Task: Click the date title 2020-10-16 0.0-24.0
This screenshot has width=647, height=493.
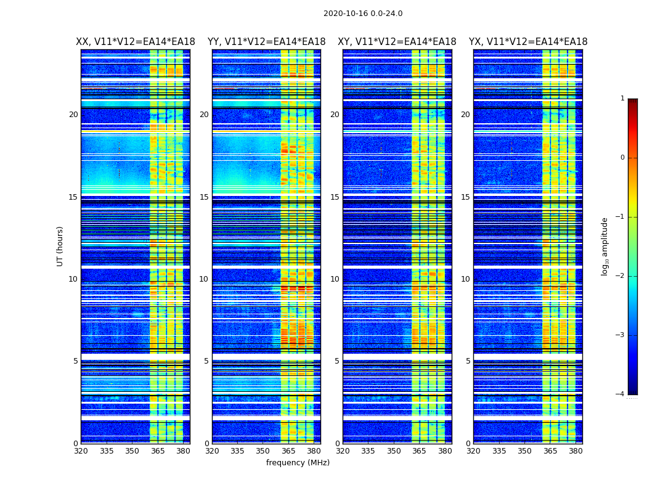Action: [363, 14]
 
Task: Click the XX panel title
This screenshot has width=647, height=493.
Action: [136, 42]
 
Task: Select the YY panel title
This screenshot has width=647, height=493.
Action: [266, 42]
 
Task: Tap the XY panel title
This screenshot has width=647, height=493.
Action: [397, 42]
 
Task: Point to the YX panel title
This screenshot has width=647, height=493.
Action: [528, 42]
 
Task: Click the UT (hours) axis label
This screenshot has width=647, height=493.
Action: [60, 246]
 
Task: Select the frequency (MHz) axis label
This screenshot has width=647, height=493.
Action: [298, 463]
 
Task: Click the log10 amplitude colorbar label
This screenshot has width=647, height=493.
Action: [605, 246]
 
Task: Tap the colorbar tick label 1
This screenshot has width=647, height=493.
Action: [622, 99]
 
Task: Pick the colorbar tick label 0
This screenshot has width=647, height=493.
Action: [622, 158]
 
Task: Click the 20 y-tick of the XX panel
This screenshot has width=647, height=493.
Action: [73, 115]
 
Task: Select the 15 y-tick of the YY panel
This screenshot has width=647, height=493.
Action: [204, 197]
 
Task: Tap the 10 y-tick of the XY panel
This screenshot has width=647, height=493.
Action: [335, 279]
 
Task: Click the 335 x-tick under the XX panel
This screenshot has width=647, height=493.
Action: [107, 451]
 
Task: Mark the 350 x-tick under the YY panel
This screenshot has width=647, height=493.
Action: [263, 451]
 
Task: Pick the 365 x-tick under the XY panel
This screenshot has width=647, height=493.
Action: [419, 451]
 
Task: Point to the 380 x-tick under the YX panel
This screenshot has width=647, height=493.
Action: [576, 451]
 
